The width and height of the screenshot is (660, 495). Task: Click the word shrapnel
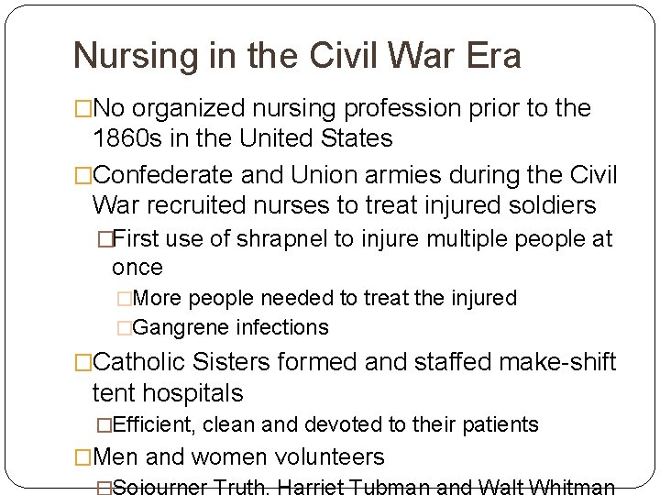(279, 239)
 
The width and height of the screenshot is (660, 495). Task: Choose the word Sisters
(237, 363)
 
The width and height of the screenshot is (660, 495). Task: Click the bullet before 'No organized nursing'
(83, 109)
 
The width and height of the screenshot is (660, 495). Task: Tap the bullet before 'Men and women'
(83, 456)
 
